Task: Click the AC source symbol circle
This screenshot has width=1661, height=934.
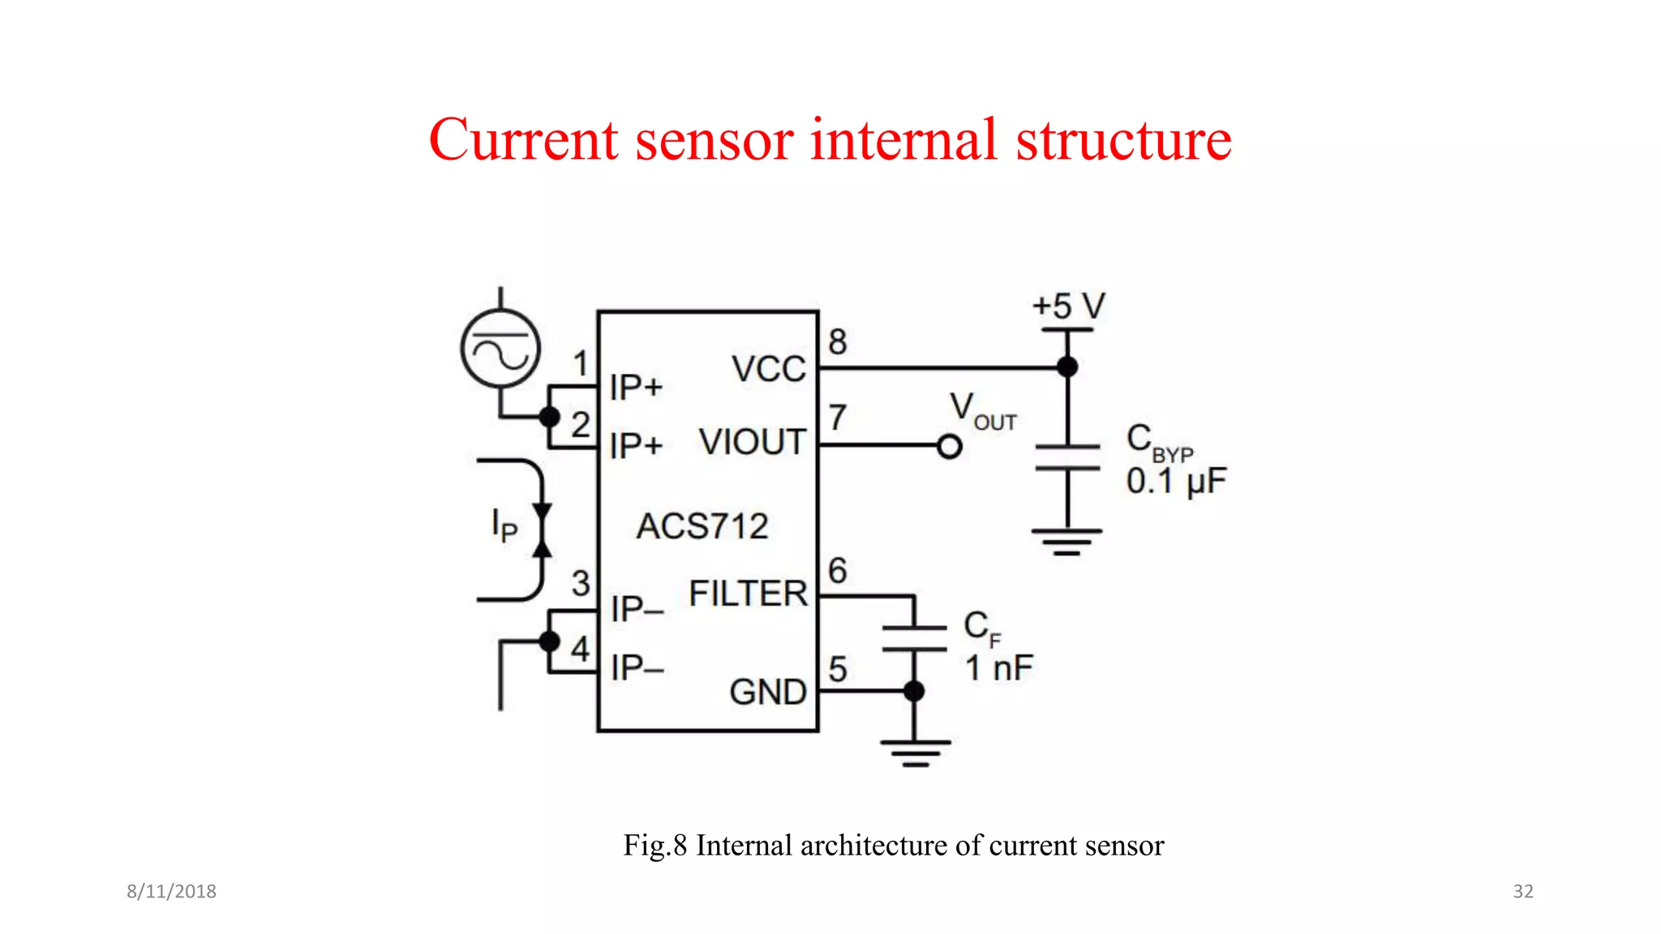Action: pyautogui.click(x=500, y=349)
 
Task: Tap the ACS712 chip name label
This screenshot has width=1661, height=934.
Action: pyautogui.click(x=702, y=526)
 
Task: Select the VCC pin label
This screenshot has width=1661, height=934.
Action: pyautogui.click(x=768, y=369)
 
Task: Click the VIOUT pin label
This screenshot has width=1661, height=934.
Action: pyautogui.click(x=752, y=443)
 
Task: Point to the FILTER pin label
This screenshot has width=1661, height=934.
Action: pyautogui.click(x=748, y=593)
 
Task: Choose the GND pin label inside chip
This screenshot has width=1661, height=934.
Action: pyautogui.click(x=767, y=692)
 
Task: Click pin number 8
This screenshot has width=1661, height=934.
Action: pyautogui.click(x=838, y=342)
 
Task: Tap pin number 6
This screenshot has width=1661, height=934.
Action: pyautogui.click(x=838, y=571)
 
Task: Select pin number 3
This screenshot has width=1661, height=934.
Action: pyautogui.click(x=581, y=583)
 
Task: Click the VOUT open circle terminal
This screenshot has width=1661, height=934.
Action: pyautogui.click(x=949, y=447)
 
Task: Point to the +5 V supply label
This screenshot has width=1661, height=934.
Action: pyautogui.click(x=1068, y=306)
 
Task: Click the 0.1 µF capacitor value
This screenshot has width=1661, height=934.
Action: pyautogui.click(x=1175, y=482)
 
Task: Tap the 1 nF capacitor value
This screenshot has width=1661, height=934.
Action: pyautogui.click(x=998, y=669)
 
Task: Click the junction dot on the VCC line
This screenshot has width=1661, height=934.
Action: pyautogui.click(x=1067, y=367)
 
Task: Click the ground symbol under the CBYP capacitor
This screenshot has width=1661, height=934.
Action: pyautogui.click(x=1067, y=542)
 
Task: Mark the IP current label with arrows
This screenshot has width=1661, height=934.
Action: pyautogui.click(x=504, y=525)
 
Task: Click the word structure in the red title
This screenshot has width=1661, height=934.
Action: pyautogui.click(x=1123, y=139)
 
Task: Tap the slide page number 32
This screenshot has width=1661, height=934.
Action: pyautogui.click(x=1522, y=891)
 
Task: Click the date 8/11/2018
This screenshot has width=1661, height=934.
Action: pyautogui.click(x=171, y=891)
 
